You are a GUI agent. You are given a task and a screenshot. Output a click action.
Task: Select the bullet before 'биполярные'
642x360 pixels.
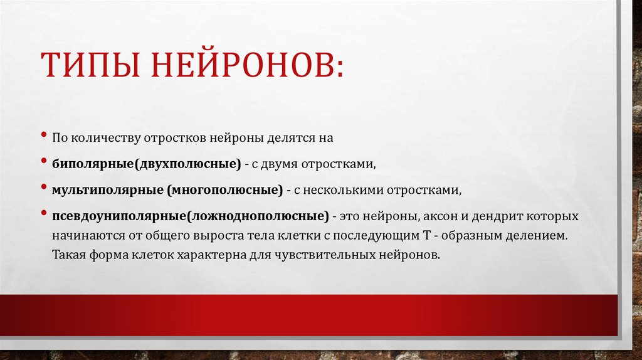[45, 161]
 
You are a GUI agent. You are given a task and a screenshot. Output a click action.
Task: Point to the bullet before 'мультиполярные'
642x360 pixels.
[45, 187]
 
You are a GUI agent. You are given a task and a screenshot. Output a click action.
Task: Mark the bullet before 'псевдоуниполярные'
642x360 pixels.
[45, 214]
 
